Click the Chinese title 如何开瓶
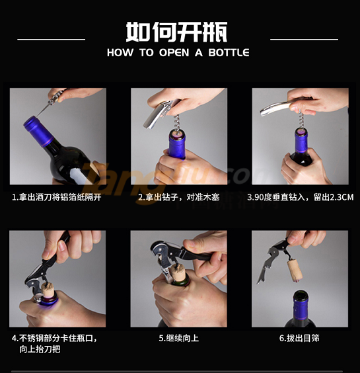[x=176, y=32]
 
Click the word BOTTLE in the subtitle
[x=229, y=52]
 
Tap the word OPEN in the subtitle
[x=174, y=52]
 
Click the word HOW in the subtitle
[x=120, y=52]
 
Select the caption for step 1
[x=57, y=197]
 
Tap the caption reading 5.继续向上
[x=179, y=338]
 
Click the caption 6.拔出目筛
[x=299, y=338]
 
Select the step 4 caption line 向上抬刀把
[x=40, y=349]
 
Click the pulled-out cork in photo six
[x=295, y=271]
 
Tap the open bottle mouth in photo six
[x=301, y=294]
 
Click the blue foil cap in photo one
[x=38, y=130]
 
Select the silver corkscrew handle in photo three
[x=278, y=108]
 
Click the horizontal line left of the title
[x=52, y=39]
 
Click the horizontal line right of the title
[x=304, y=39]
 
